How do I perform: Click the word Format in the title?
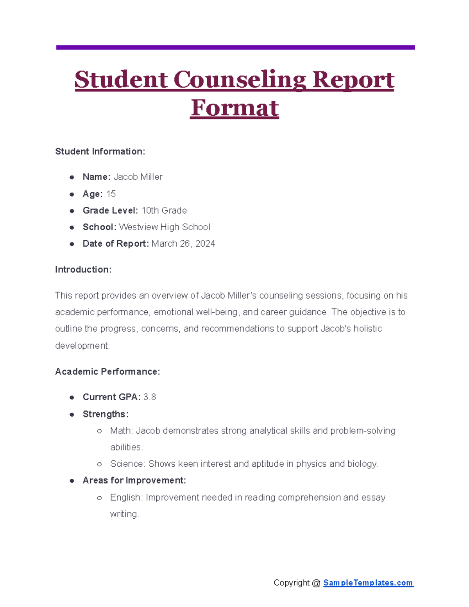(234, 108)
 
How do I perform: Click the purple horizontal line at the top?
(235, 47)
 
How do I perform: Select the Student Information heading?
(100, 152)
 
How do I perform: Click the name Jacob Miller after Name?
(138, 177)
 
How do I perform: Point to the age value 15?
(111, 194)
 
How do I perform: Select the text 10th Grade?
(164, 211)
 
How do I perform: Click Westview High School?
(165, 227)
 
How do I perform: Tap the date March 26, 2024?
(183, 244)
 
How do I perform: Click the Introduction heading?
(83, 270)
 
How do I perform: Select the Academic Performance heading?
(107, 372)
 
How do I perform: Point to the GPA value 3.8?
(150, 397)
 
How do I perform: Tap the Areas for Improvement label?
(134, 480)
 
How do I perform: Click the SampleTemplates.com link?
(368, 583)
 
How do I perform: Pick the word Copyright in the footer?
(292, 583)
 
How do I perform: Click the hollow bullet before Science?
(99, 464)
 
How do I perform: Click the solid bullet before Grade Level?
(72, 211)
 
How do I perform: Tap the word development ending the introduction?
(82, 346)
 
